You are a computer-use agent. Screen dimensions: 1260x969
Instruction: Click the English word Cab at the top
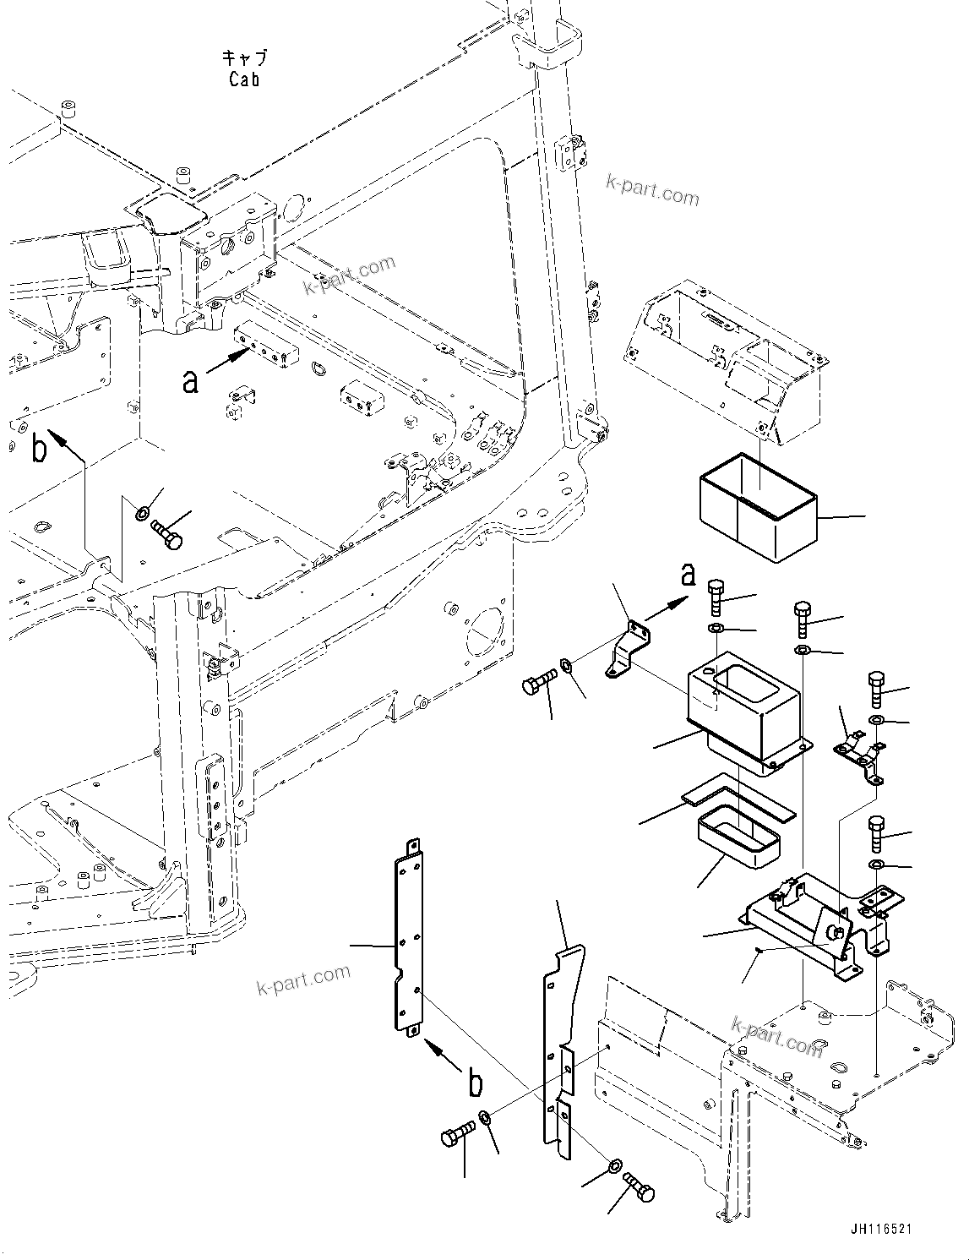[x=243, y=79]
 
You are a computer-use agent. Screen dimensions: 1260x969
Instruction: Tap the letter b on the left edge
[x=39, y=450]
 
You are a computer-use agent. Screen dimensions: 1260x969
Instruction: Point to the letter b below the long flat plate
[x=476, y=1083]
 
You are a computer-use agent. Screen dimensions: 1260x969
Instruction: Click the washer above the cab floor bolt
[x=144, y=512]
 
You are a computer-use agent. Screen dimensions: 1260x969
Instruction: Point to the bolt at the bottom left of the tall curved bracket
[x=459, y=1137]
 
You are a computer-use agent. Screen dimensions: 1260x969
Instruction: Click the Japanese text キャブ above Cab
[x=244, y=58]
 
